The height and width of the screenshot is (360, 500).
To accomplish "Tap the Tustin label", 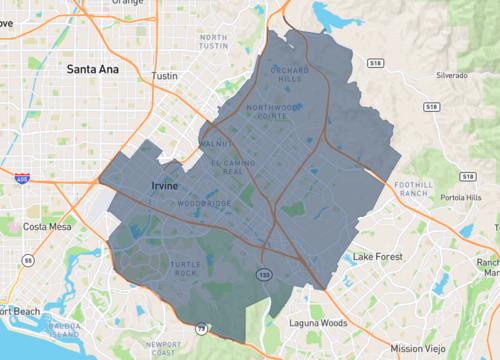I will [163, 76].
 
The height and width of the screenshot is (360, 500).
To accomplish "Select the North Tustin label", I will [213, 41].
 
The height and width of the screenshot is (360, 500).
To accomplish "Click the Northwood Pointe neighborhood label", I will [274, 111].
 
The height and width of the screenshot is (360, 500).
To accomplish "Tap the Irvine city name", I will [164, 186].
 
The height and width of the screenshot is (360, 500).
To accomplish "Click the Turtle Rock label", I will [186, 269].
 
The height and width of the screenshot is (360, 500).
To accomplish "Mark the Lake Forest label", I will [376, 257].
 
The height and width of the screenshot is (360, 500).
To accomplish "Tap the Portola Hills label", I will [461, 197].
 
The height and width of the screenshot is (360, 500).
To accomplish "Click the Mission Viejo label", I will [418, 347].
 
